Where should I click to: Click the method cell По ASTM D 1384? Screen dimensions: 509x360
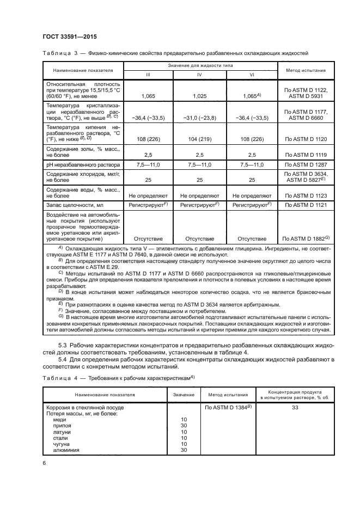click(227, 407)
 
